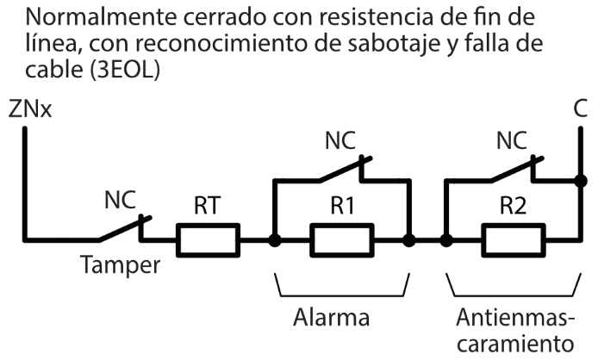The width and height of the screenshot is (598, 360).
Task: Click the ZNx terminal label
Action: point(29,111)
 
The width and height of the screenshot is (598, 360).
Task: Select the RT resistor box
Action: point(208,239)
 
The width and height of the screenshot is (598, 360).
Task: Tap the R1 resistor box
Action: point(342,239)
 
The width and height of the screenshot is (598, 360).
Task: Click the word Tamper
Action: point(120,265)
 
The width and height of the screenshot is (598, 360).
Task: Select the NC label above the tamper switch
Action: point(121,201)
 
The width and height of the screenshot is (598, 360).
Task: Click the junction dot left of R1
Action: point(274,239)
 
